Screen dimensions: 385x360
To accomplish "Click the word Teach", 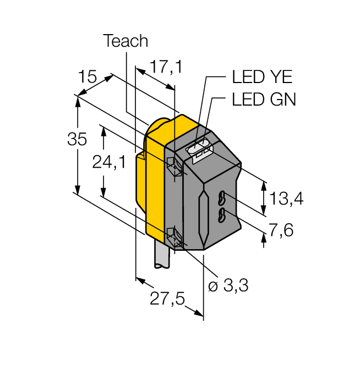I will [126, 41].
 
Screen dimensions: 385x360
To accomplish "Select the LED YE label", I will [261, 77].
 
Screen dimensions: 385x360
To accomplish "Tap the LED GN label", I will [264, 99].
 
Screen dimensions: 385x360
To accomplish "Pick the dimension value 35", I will [77, 139].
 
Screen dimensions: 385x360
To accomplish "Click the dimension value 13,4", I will [286, 199].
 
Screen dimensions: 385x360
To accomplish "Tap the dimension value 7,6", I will [281, 230].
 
